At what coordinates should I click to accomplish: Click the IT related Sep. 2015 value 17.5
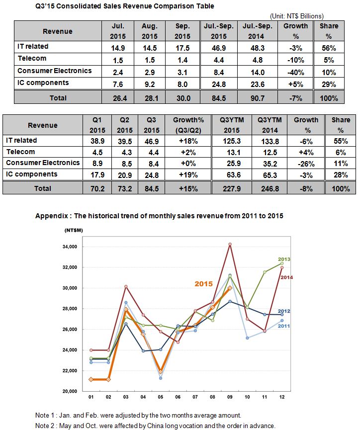(182, 48)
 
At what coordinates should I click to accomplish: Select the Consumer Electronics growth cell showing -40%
(296, 73)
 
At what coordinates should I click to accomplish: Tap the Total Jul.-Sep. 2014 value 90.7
(258, 98)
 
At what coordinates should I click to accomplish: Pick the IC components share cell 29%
(329, 84)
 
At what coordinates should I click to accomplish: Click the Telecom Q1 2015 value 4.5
(97, 153)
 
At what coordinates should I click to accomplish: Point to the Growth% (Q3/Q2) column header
(188, 125)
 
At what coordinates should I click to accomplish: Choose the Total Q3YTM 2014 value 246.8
(270, 188)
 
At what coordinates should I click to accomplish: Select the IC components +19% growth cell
(188, 175)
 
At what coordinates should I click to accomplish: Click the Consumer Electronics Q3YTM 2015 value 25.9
(234, 164)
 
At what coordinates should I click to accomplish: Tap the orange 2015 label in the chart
(204, 284)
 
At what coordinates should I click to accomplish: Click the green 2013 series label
(284, 259)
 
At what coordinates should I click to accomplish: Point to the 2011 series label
(284, 326)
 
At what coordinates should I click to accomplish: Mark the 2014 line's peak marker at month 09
(230, 245)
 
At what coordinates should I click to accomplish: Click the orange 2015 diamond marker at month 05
(161, 372)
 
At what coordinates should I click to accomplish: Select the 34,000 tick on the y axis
(70, 247)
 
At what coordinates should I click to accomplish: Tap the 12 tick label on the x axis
(282, 397)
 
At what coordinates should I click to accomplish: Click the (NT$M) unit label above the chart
(74, 230)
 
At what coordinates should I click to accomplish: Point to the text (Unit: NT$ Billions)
(297, 16)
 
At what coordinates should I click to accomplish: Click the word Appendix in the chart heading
(52, 216)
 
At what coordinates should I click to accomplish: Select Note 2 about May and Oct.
(155, 426)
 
